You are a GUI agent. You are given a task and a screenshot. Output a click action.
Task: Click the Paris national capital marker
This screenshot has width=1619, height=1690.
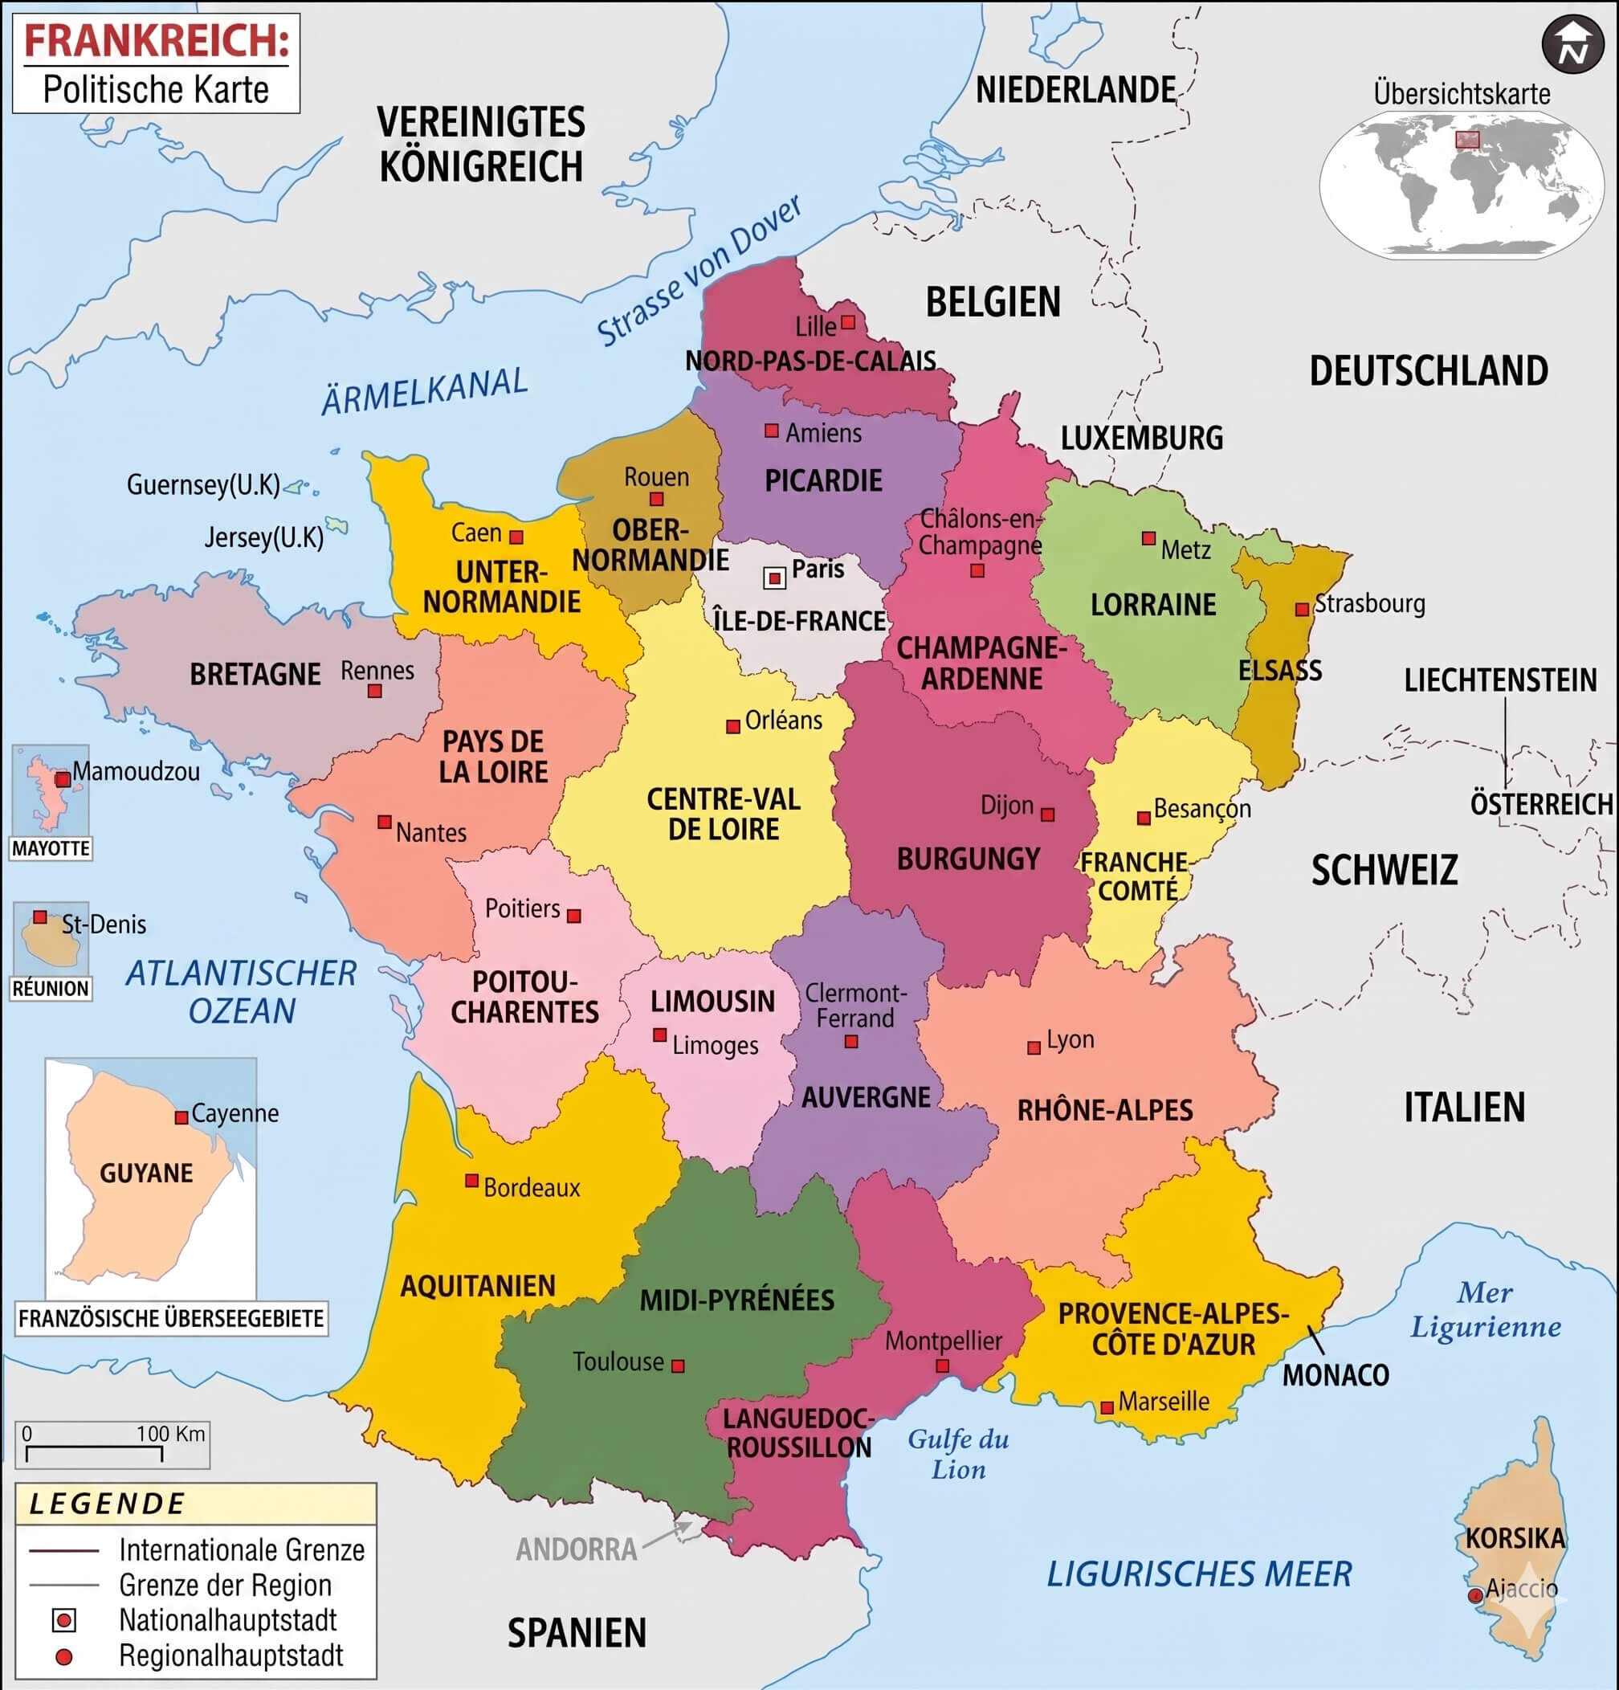(x=775, y=578)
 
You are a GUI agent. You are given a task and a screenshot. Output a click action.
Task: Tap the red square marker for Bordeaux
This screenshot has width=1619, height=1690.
(x=471, y=1180)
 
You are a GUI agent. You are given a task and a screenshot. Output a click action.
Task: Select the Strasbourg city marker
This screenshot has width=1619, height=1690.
(x=1302, y=610)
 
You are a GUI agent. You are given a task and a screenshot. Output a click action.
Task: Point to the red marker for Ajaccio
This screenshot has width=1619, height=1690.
(x=1475, y=1595)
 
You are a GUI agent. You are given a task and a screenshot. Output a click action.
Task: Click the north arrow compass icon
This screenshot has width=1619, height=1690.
(x=1572, y=44)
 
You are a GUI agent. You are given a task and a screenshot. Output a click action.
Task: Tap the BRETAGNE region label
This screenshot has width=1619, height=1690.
(x=255, y=673)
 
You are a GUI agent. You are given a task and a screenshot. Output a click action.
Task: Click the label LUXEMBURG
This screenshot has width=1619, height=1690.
(x=1141, y=438)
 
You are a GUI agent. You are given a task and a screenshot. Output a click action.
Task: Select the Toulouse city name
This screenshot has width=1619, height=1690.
(x=618, y=1361)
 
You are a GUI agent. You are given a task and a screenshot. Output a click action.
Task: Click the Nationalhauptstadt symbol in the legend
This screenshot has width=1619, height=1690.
(x=63, y=1620)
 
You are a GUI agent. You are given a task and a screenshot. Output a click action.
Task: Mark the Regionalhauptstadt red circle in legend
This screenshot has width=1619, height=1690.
(x=63, y=1655)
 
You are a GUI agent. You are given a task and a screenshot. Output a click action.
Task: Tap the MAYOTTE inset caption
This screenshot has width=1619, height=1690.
(x=51, y=848)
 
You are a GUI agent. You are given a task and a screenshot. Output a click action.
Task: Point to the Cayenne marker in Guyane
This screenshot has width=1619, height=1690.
(x=181, y=1117)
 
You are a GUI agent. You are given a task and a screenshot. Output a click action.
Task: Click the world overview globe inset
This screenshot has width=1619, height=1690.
(x=1462, y=186)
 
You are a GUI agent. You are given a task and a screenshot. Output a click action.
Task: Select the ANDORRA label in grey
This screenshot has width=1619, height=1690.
(x=576, y=1549)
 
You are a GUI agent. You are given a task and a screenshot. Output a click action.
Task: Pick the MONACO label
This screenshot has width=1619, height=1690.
(x=1336, y=1374)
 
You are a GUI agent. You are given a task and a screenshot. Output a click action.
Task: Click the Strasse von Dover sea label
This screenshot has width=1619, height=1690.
(x=699, y=271)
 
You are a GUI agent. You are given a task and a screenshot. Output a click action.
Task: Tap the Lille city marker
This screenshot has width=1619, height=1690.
(x=847, y=321)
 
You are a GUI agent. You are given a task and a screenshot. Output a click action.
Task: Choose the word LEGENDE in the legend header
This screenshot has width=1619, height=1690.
(x=107, y=1504)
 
